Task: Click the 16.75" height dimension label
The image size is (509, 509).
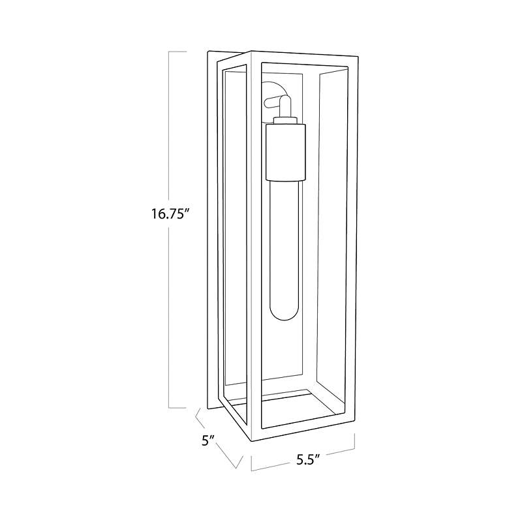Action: [x=170, y=214]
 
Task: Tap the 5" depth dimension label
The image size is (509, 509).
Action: [x=208, y=440]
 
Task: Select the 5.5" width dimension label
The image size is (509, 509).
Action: [x=309, y=460]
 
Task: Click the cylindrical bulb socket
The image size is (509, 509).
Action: [x=286, y=152]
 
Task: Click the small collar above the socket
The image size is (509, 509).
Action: [x=285, y=120]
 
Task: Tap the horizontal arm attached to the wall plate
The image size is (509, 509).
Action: [x=272, y=103]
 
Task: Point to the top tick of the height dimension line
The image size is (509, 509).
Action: [x=177, y=52]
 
